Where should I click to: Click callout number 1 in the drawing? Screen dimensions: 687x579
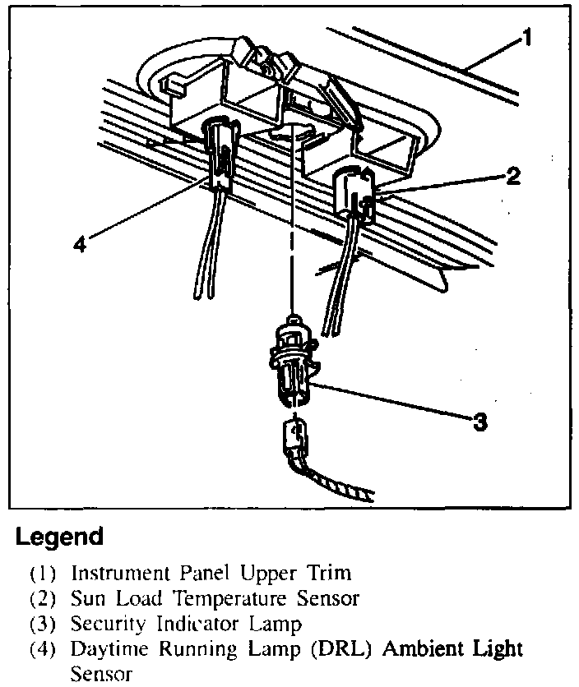(526, 39)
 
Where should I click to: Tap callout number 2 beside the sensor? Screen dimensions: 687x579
(512, 176)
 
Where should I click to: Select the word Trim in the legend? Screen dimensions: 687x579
(327, 573)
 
